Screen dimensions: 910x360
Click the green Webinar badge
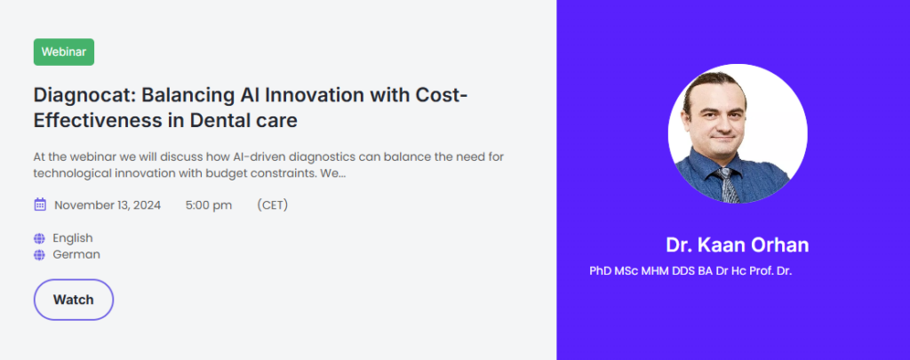tap(64, 52)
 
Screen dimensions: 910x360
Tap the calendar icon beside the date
tap(40, 204)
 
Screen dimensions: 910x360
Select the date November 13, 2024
tap(108, 205)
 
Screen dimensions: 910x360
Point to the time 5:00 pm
tap(209, 205)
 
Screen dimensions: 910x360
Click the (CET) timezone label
tap(272, 205)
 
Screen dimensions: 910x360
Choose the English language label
tap(73, 238)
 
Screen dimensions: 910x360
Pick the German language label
tap(76, 254)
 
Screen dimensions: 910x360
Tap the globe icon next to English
tap(39, 238)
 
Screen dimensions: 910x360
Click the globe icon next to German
tap(39, 255)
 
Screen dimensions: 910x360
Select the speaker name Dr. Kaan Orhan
tap(737, 245)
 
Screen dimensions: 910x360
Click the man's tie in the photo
tap(728, 185)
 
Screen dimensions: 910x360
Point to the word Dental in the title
tap(221, 121)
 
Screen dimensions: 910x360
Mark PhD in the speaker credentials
tap(600, 270)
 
